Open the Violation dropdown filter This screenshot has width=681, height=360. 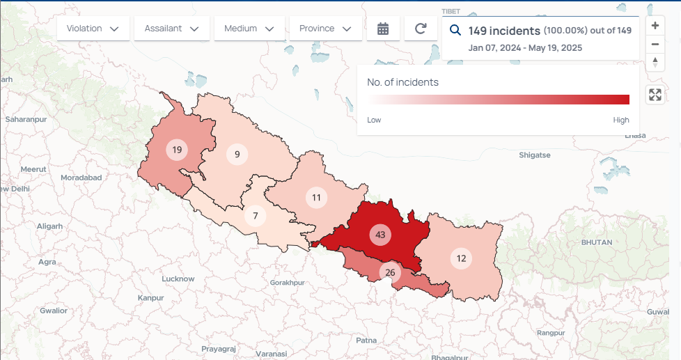93,29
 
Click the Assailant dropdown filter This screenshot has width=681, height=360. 171,29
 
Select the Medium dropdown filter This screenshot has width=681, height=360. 249,29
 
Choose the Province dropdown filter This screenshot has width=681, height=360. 325,29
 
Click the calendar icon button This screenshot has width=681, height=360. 383,29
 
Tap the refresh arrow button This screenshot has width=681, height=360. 421,29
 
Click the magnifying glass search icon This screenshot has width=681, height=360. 455,31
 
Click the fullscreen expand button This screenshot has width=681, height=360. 655,95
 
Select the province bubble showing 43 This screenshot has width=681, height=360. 380,235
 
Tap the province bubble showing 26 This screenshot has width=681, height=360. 390,272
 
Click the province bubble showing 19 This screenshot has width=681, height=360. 177,150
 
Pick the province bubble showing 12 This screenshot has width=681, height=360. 461,258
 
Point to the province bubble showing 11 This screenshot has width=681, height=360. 316,198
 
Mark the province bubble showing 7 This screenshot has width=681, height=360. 256,216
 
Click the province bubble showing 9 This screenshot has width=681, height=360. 237,155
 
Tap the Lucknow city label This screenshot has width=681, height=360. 178,279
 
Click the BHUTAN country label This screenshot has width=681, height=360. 597,242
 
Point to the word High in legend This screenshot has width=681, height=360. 621,120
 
